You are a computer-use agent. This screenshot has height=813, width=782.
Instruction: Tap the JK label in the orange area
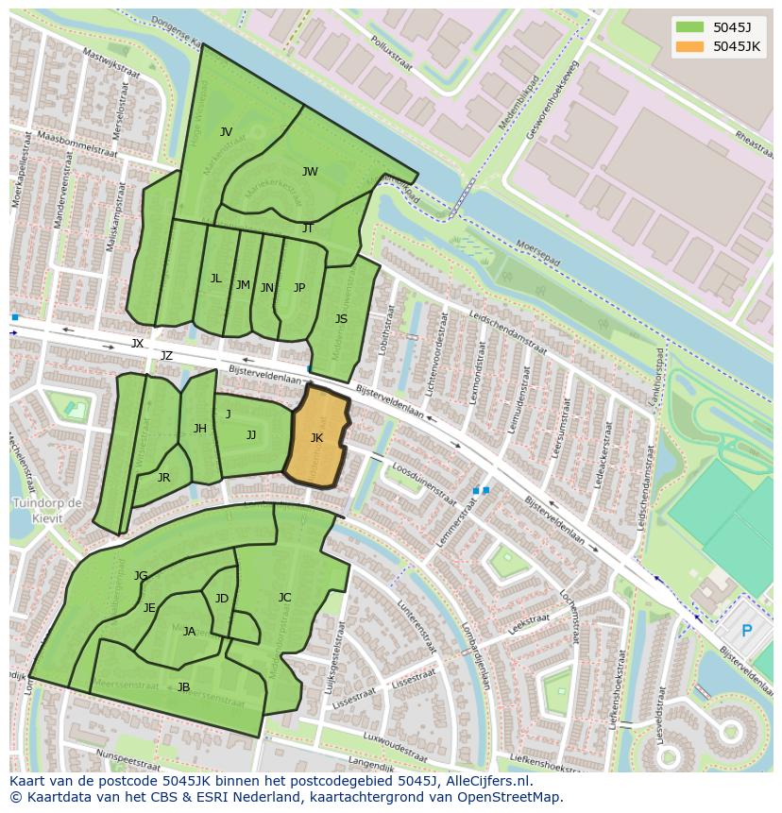pyautogui.click(x=316, y=437)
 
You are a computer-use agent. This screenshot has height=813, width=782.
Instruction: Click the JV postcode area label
pyautogui.click(x=226, y=132)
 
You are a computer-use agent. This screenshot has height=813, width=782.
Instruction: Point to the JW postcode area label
pyautogui.click(x=310, y=171)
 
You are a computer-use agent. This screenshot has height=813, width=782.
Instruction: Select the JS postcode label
pyautogui.click(x=341, y=319)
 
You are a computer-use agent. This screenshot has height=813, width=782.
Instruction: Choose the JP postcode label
pyautogui.click(x=299, y=288)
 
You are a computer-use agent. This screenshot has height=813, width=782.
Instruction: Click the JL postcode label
pyautogui.click(x=216, y=279)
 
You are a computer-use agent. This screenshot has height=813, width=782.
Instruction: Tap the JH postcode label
pyautogui.click(x=200, y=429)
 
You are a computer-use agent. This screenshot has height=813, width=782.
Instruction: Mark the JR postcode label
pyautogui.click(x=163, y=478)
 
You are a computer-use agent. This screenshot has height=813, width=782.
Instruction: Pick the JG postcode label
pyautogui.click(x=141, y=575)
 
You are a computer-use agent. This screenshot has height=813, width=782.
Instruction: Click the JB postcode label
pyautogui.click(x=183, y=686)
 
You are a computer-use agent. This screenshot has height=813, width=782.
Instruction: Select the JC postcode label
pyautogui.click(x=284, y=597)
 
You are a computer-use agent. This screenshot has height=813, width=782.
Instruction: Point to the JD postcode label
pyautogui.click(x=222, y=599)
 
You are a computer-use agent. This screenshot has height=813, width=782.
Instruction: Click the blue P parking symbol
pyautogui.click(x=746, y=631)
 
